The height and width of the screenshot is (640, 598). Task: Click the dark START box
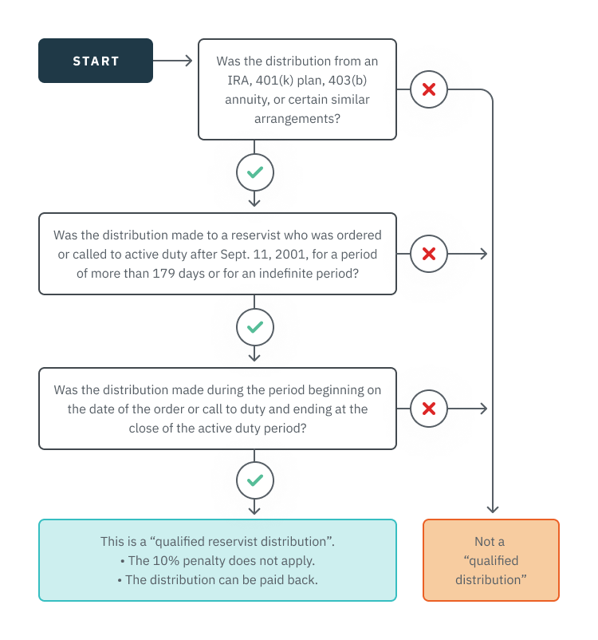(96, 61)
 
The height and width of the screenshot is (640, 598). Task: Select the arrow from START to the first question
(172, 61)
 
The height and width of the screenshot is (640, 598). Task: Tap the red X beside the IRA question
(429, 89)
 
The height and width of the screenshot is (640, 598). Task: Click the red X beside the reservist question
(429, 255)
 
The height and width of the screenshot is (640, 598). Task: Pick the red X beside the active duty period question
(429, 409)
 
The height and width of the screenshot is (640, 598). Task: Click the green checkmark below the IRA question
(255, 172)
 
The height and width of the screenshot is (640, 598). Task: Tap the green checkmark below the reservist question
(255, 327)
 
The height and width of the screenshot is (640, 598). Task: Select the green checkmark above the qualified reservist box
(255, 480)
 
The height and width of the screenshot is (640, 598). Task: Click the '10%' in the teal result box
(163, 560)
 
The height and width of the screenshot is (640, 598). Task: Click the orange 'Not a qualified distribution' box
(490, 560)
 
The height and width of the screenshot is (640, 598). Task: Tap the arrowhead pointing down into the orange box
(493, 508)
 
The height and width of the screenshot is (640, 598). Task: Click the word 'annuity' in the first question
(246, 100)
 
